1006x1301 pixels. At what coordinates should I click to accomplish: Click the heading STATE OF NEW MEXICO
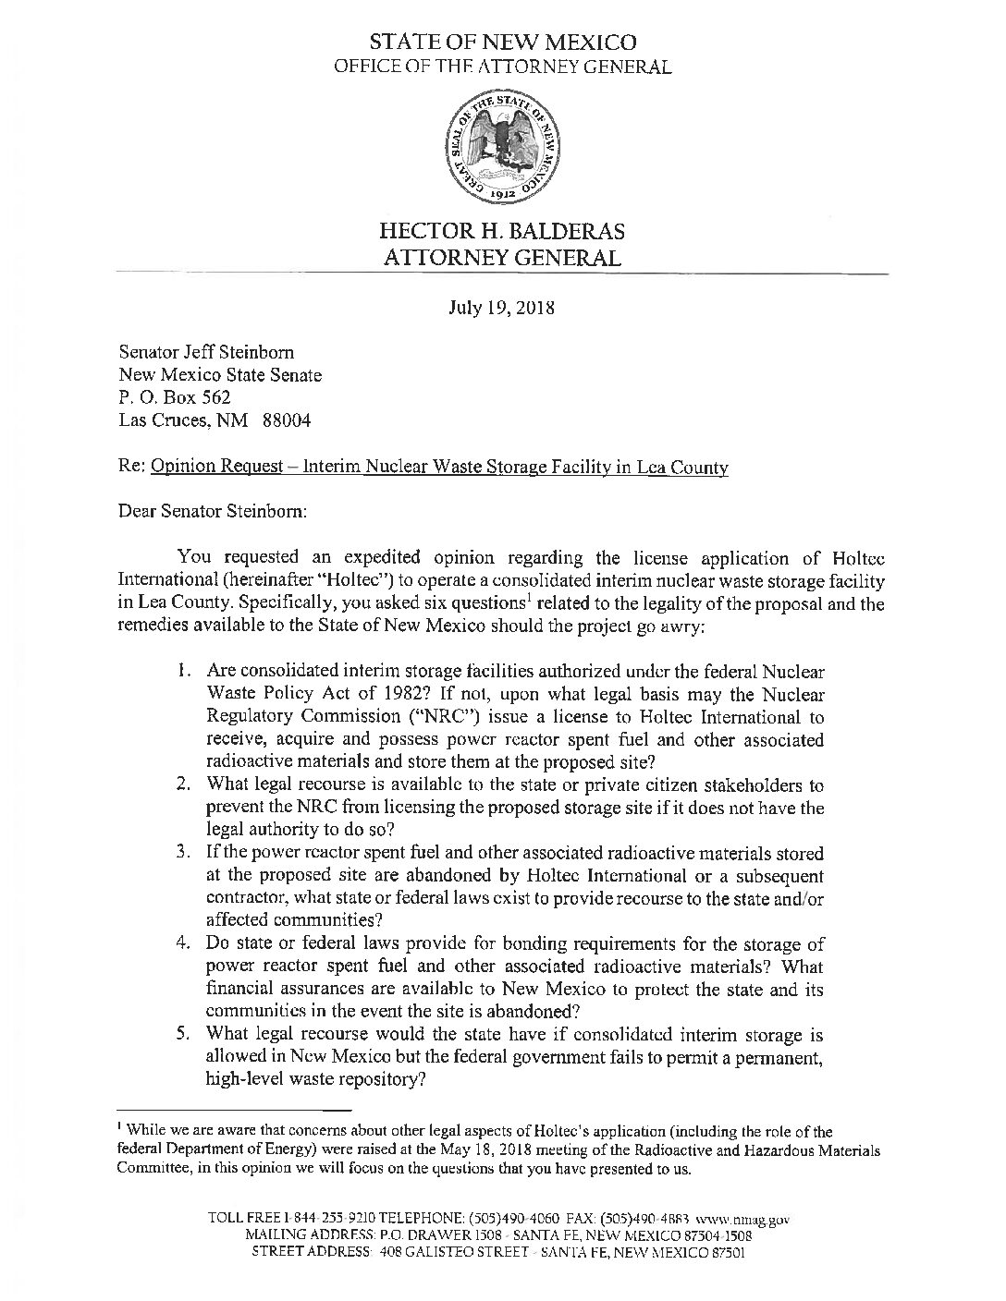(x=502, y=43)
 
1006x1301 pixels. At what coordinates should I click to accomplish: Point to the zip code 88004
(x=288, y=421)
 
